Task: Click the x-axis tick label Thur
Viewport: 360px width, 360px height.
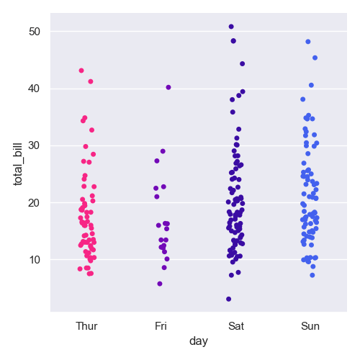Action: tap(86, 326)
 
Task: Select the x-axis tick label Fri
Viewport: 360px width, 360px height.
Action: tap(161, 326)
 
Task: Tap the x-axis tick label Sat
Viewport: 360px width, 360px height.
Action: tap(235, 326)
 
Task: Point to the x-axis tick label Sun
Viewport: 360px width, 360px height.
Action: tap(310, 326)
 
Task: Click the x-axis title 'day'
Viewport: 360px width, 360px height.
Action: tap(199, 341)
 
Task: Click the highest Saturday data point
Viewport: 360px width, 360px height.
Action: tap(231, 27)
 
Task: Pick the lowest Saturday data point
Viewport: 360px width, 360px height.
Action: tap(229, 299)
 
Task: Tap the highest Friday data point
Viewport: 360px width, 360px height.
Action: tap(168, 87)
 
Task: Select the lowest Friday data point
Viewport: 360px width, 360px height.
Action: tap(160, 284)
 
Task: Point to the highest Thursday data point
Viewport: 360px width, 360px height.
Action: tap(81, 71)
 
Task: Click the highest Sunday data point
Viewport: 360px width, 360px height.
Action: tap(308, 42)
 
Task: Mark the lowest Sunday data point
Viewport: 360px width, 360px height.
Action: tap(312, 275)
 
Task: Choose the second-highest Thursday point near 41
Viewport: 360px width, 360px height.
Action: tap(91, 81)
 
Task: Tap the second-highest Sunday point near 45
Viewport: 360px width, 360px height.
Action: tap(315, 58)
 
